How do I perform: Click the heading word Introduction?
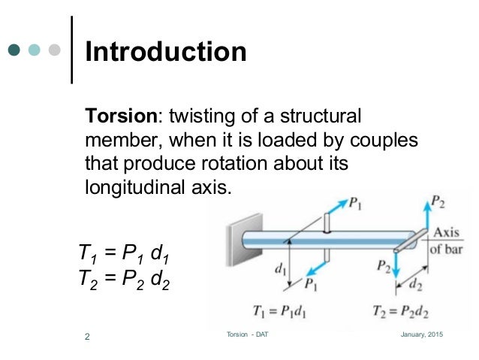pos(166,52)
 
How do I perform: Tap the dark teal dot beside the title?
pos(14,51)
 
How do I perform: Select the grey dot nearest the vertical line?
pos(54,51)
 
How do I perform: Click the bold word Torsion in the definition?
pos(123,117)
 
